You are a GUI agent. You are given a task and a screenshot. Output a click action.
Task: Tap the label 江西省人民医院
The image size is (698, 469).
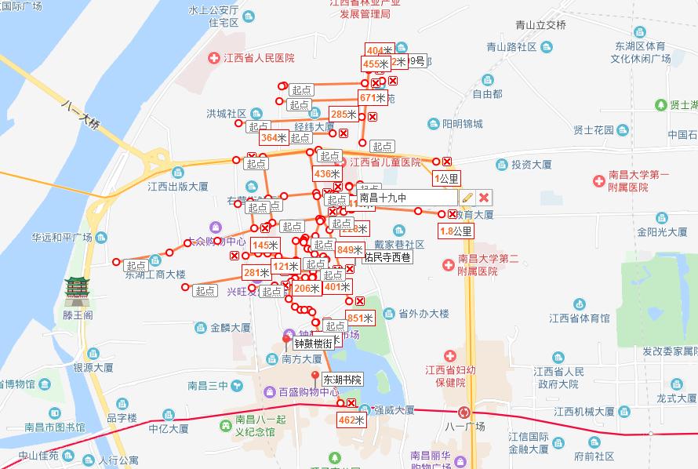(x=259, y=58)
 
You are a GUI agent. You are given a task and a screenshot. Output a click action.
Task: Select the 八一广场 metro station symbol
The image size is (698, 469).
(x=467, y=412)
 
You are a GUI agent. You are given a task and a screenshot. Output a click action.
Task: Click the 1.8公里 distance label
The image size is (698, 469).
(x=456, y=231)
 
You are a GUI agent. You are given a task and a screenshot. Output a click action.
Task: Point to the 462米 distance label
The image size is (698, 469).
(x=351, y=420)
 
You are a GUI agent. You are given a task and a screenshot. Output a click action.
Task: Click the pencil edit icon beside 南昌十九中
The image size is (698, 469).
(x=467, y=198)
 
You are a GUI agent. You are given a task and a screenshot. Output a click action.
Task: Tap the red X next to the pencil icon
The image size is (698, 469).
(x=485, y=198)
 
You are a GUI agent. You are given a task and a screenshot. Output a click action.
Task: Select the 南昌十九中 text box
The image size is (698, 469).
(x=403, y=198)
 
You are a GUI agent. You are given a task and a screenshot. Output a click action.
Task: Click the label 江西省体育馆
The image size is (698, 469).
(x=579, y=318)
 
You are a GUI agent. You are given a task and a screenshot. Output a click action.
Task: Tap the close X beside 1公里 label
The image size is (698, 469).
(x=447, y=162)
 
